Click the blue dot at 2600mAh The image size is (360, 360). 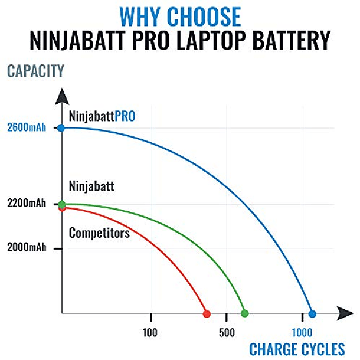[62, 127]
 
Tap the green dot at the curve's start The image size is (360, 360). [63, 204]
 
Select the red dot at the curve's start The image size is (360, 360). [62, 208]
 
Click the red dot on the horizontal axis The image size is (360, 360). [207, 313]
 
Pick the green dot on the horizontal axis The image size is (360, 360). [245, 313]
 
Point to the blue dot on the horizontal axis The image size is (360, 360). [312, 313]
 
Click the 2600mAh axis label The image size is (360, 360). [27, 127]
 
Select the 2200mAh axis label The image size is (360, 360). [27, 205]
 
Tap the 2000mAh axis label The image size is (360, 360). [27, 248]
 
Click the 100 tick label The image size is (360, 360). [150, 332]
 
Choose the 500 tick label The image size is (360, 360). [226, 332]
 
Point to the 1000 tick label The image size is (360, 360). [302, 332]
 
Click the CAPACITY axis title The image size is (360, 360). [35, 72]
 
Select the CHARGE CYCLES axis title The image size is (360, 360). [297, 349]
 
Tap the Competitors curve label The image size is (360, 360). [99, 233]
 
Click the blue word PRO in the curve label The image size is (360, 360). [125, 116]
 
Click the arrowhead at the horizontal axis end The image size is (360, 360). [348, 313]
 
